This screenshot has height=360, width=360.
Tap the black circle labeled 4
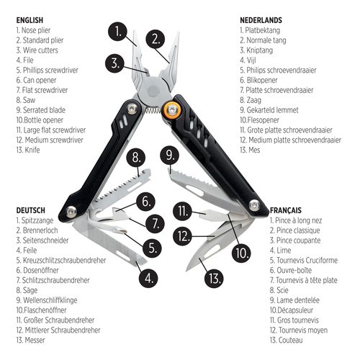[x=148, y=276]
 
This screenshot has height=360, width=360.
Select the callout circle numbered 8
[x=135, y=157]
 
